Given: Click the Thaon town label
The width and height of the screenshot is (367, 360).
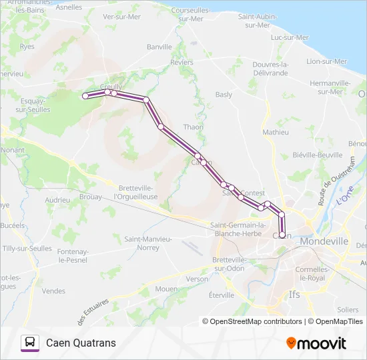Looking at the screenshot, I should [193, 127].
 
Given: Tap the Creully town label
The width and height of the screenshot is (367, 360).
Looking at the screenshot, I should [111, 87].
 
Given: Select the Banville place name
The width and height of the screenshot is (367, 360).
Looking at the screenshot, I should [159, 47].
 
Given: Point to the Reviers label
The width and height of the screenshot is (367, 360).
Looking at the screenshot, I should [181, 62].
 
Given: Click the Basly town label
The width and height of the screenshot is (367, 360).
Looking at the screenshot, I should [224, 95].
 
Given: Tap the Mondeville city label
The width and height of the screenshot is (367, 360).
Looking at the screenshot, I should [324, 241].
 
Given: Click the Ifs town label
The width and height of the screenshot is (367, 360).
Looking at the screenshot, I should [294, 294].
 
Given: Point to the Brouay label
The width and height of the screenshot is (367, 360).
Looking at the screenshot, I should [90, 197].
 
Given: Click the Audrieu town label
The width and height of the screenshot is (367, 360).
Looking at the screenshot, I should [57, 199].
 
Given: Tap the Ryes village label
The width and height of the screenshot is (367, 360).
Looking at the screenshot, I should [27, 47].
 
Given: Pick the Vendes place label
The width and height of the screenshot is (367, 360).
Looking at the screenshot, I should [53, 291].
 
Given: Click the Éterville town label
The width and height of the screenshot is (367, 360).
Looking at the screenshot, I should [222, 295].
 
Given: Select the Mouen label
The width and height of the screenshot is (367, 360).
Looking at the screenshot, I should [166, 289].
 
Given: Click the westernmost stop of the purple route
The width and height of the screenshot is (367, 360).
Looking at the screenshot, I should [85, 97].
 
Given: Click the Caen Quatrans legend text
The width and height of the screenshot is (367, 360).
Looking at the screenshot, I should [81, 343].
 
